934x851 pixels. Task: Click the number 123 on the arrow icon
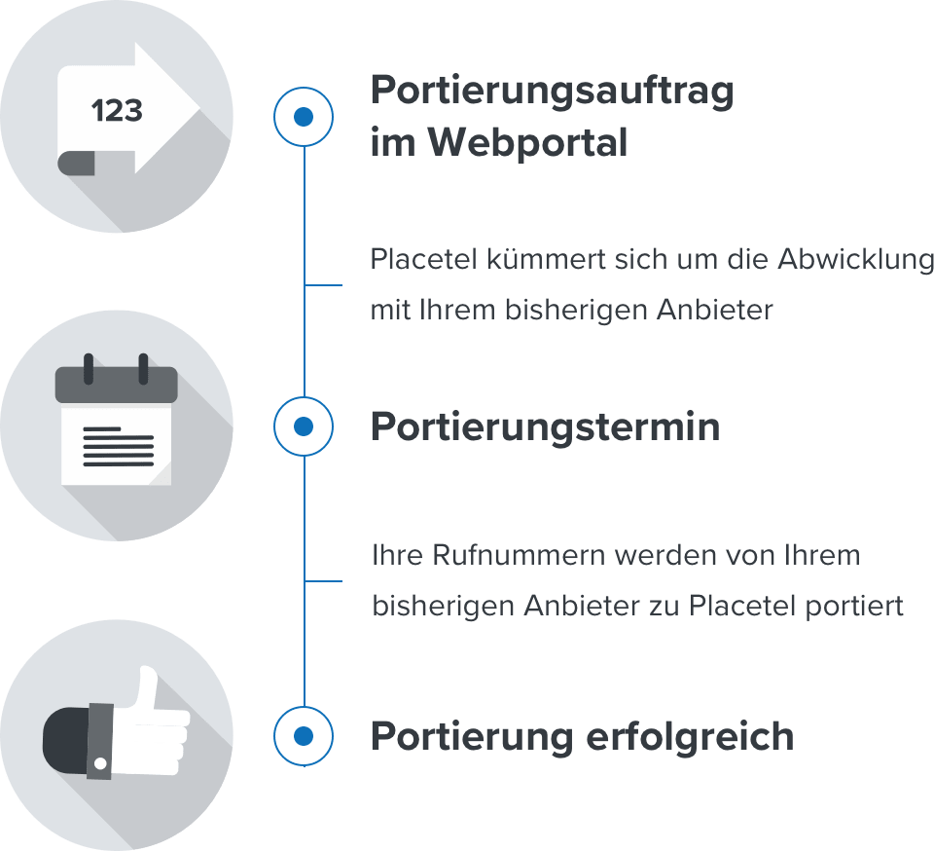coord(117,111)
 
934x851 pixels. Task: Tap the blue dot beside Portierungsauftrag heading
coord(304,117)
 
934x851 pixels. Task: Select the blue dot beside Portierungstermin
coord(304,425)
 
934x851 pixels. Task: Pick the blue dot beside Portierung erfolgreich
coord(304,735)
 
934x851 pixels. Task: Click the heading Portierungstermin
coord(545,427)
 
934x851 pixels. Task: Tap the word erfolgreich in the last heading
coord(690,736)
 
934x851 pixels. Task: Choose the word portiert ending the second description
coord(855,606)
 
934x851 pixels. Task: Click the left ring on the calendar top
coord(89,368)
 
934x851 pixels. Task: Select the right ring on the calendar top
coord(143,368)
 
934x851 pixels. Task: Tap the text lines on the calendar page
coord(118,446)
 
